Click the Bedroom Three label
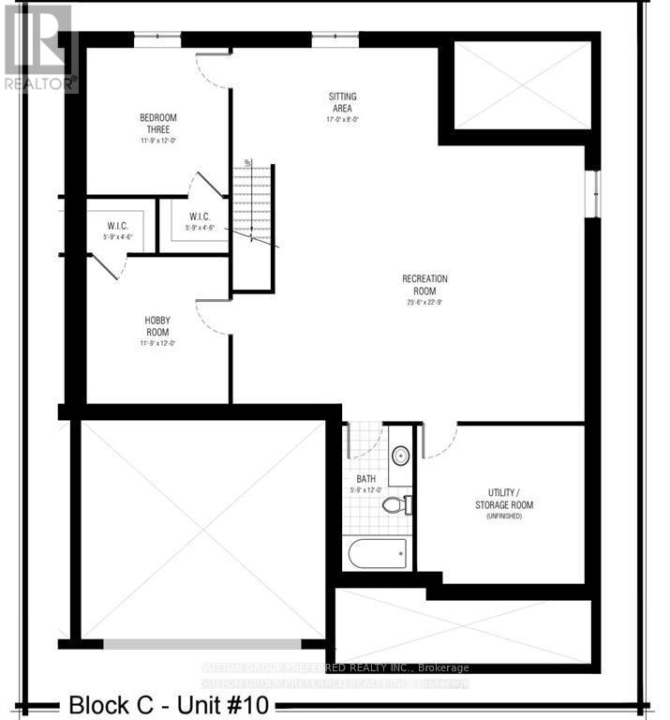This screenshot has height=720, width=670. coord(158,123)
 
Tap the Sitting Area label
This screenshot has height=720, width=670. coord(342,102)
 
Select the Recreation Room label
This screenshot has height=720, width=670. coord(424,284)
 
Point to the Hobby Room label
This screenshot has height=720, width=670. coord(156,327)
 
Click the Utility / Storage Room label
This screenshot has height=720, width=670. coord(510,499)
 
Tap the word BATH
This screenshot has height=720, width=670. coord(365,479)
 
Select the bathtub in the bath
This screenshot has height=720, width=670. coord(378,553)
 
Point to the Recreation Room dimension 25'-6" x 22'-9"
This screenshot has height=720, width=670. coord(424,301)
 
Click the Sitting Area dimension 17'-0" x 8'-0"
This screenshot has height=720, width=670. coord(342,120)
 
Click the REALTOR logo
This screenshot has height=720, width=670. coord(37,47)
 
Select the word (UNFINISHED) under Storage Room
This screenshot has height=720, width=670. coord(510,517)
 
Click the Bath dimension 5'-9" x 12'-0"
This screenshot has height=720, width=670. coord(365,491)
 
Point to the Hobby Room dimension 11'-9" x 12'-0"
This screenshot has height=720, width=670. coord(156,343)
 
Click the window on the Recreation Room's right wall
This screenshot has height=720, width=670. coord(592,194)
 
